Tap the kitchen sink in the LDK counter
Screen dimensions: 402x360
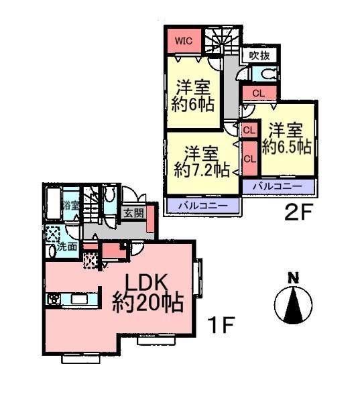54,298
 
